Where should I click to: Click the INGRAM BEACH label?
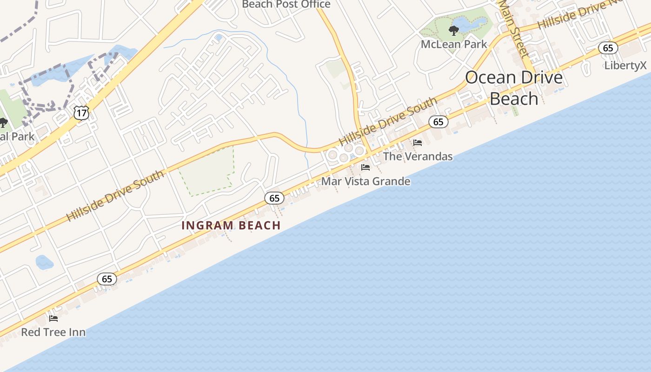tap(231, 226)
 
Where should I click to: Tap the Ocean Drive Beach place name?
tap(514, 88)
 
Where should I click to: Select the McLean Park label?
tap(454, 44)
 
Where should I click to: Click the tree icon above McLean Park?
tap(453, 31)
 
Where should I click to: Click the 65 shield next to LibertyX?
tap(608, 48)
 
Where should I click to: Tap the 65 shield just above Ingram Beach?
tap(274, 198)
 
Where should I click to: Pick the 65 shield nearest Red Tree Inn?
tap(107, 279)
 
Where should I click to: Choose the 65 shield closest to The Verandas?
tap(438, 122)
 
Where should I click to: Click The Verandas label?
tap(418, 156)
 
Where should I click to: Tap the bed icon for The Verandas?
tap(418, 143)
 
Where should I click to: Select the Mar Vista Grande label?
tap(366, 181)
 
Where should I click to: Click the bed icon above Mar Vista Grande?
tap(365, 167)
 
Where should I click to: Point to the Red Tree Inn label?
tap(53, 332)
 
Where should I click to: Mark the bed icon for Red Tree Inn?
tap(53, 319)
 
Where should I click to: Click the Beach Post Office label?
tap(286, 5)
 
